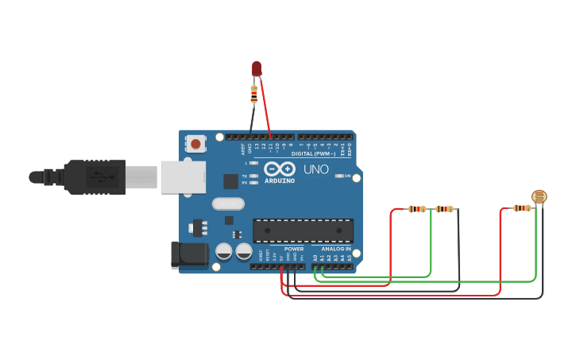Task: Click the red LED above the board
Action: (x=257, y=69)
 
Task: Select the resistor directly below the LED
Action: (x=254, y=95)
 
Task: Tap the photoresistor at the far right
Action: (x=539, y=196)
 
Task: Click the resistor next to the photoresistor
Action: (x=521, y=208)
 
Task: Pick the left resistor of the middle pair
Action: (x=417, y=209)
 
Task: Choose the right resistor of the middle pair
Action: (x=444, y=209)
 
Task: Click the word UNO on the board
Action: (x=316, y=169)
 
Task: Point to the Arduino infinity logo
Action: (x=280, y=169)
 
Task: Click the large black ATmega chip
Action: (x=303, y=230)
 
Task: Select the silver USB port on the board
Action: (x=184, y=177)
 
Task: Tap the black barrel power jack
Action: (x=189, y=254)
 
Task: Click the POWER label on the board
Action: (x=294, y=249)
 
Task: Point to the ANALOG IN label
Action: (x=336, y=249)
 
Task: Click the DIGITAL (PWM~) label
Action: (x=313, y=153)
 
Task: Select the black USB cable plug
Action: (x=95, y=177)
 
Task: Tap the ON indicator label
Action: (x=347, y=176)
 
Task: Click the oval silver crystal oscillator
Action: (x=228, y=203)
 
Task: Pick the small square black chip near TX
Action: (x=230, y=181)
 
